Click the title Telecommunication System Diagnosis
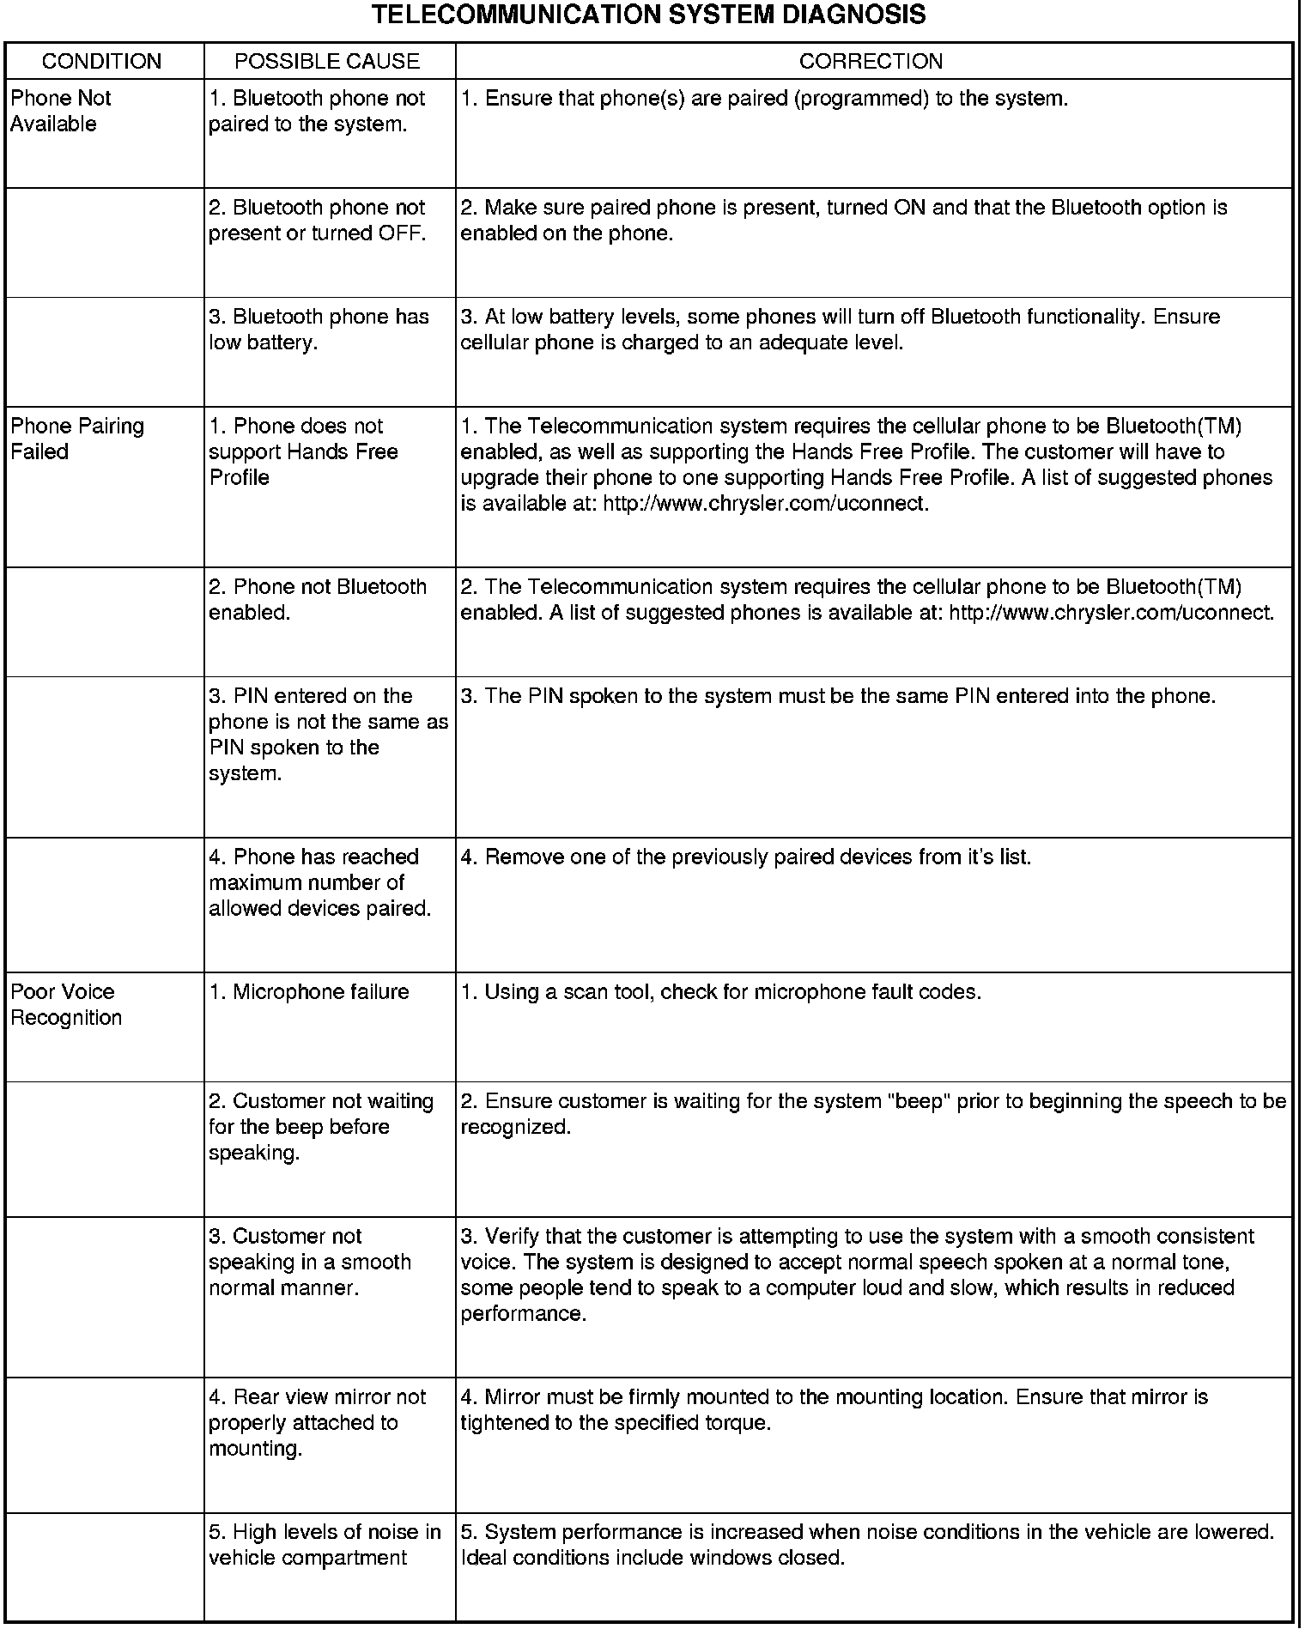click(649, 15)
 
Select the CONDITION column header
click(101, 62)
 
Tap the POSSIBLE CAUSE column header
click(327, 62)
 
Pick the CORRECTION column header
click(871, 62)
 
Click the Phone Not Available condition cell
click(61, 111)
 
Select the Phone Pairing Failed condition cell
click(77, 439)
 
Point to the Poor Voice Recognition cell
click(66, 1004)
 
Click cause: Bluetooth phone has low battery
click(319, 330)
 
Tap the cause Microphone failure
click(309, 992)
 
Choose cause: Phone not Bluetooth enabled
click(318, 599)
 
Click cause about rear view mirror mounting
click(317, 1422)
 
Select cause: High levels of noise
click(325, 1544)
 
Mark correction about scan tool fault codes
click(720, 992)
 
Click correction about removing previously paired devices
click(745, 857)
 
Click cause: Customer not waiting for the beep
click(320, 1126)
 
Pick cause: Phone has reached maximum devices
click(319, 882)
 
